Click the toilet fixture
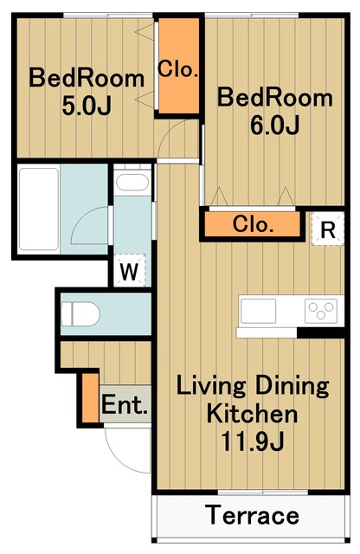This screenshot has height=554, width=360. [x=80, y=313]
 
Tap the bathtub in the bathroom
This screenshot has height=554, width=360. [x=39, y=209]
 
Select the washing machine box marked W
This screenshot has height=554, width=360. [x=129, y=270]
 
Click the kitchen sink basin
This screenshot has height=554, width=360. [x=258, y=311]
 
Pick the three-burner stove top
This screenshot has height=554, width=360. [x=321, y=311]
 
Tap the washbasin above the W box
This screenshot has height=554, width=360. [x=132, y=183]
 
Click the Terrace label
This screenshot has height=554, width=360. [x=253, y=516]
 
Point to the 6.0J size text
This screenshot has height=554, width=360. [x=275, y=125]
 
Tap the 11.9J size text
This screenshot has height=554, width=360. [x=253, y=441]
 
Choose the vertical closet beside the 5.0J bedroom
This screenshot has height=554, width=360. [x=178, y=66]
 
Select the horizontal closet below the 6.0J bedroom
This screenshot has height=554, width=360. [x=252, y=224]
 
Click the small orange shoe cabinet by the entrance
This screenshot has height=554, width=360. [x=91, y=397]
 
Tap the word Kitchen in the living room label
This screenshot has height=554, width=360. [x=252, y=414]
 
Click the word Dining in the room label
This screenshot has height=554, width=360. [x=292, y=386]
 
